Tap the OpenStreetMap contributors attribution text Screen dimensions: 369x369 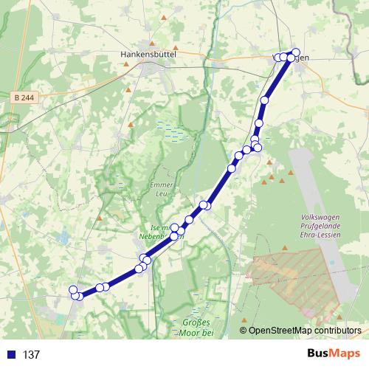pyautogui.click(x=299, y=331)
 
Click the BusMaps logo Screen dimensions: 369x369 pyautogui.click(x=333, y=354)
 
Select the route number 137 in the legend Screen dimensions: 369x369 pyautogui.click(x=32, y=354)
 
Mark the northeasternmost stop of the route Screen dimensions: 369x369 pyautogui.click(x=296, y=52)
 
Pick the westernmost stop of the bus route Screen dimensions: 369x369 pyautogui.click(x=72, y=290)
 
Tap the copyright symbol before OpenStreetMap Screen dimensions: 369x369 pyautogui.click(x=244, y=331)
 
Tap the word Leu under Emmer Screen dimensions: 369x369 pyautogui.click(x=161, y=193)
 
